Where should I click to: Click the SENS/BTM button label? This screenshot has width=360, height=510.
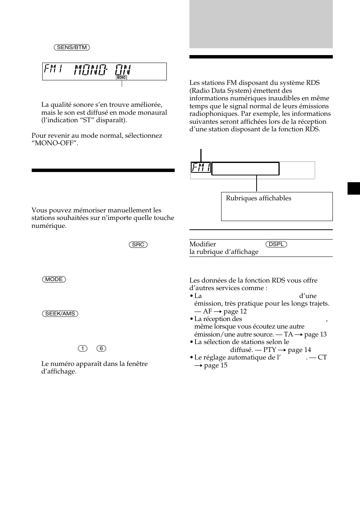72,48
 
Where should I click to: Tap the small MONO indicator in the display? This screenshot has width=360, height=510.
121,78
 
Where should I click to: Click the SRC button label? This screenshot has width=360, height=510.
138,244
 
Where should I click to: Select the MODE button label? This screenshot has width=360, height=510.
54,279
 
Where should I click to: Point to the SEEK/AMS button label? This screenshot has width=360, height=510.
60,313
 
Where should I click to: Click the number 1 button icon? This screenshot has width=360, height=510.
82,348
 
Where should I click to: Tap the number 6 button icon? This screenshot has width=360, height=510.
101,348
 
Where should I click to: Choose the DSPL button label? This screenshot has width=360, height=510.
276,244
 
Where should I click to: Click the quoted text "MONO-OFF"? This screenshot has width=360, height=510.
55,143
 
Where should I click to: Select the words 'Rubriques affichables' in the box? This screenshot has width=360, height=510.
258,198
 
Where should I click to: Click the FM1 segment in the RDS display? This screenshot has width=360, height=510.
201,167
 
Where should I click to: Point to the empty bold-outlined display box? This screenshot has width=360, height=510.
245,169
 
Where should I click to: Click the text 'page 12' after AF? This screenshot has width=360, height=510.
235,312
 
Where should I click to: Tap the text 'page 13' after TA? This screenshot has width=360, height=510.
315,335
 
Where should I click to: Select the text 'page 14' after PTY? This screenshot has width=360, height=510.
299,350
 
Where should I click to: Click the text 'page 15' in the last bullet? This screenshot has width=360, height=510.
215,366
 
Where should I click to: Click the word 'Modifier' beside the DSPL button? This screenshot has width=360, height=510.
203,244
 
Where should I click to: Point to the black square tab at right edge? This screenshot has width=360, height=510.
354,188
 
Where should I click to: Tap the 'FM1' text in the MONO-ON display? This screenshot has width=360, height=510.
53,70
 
